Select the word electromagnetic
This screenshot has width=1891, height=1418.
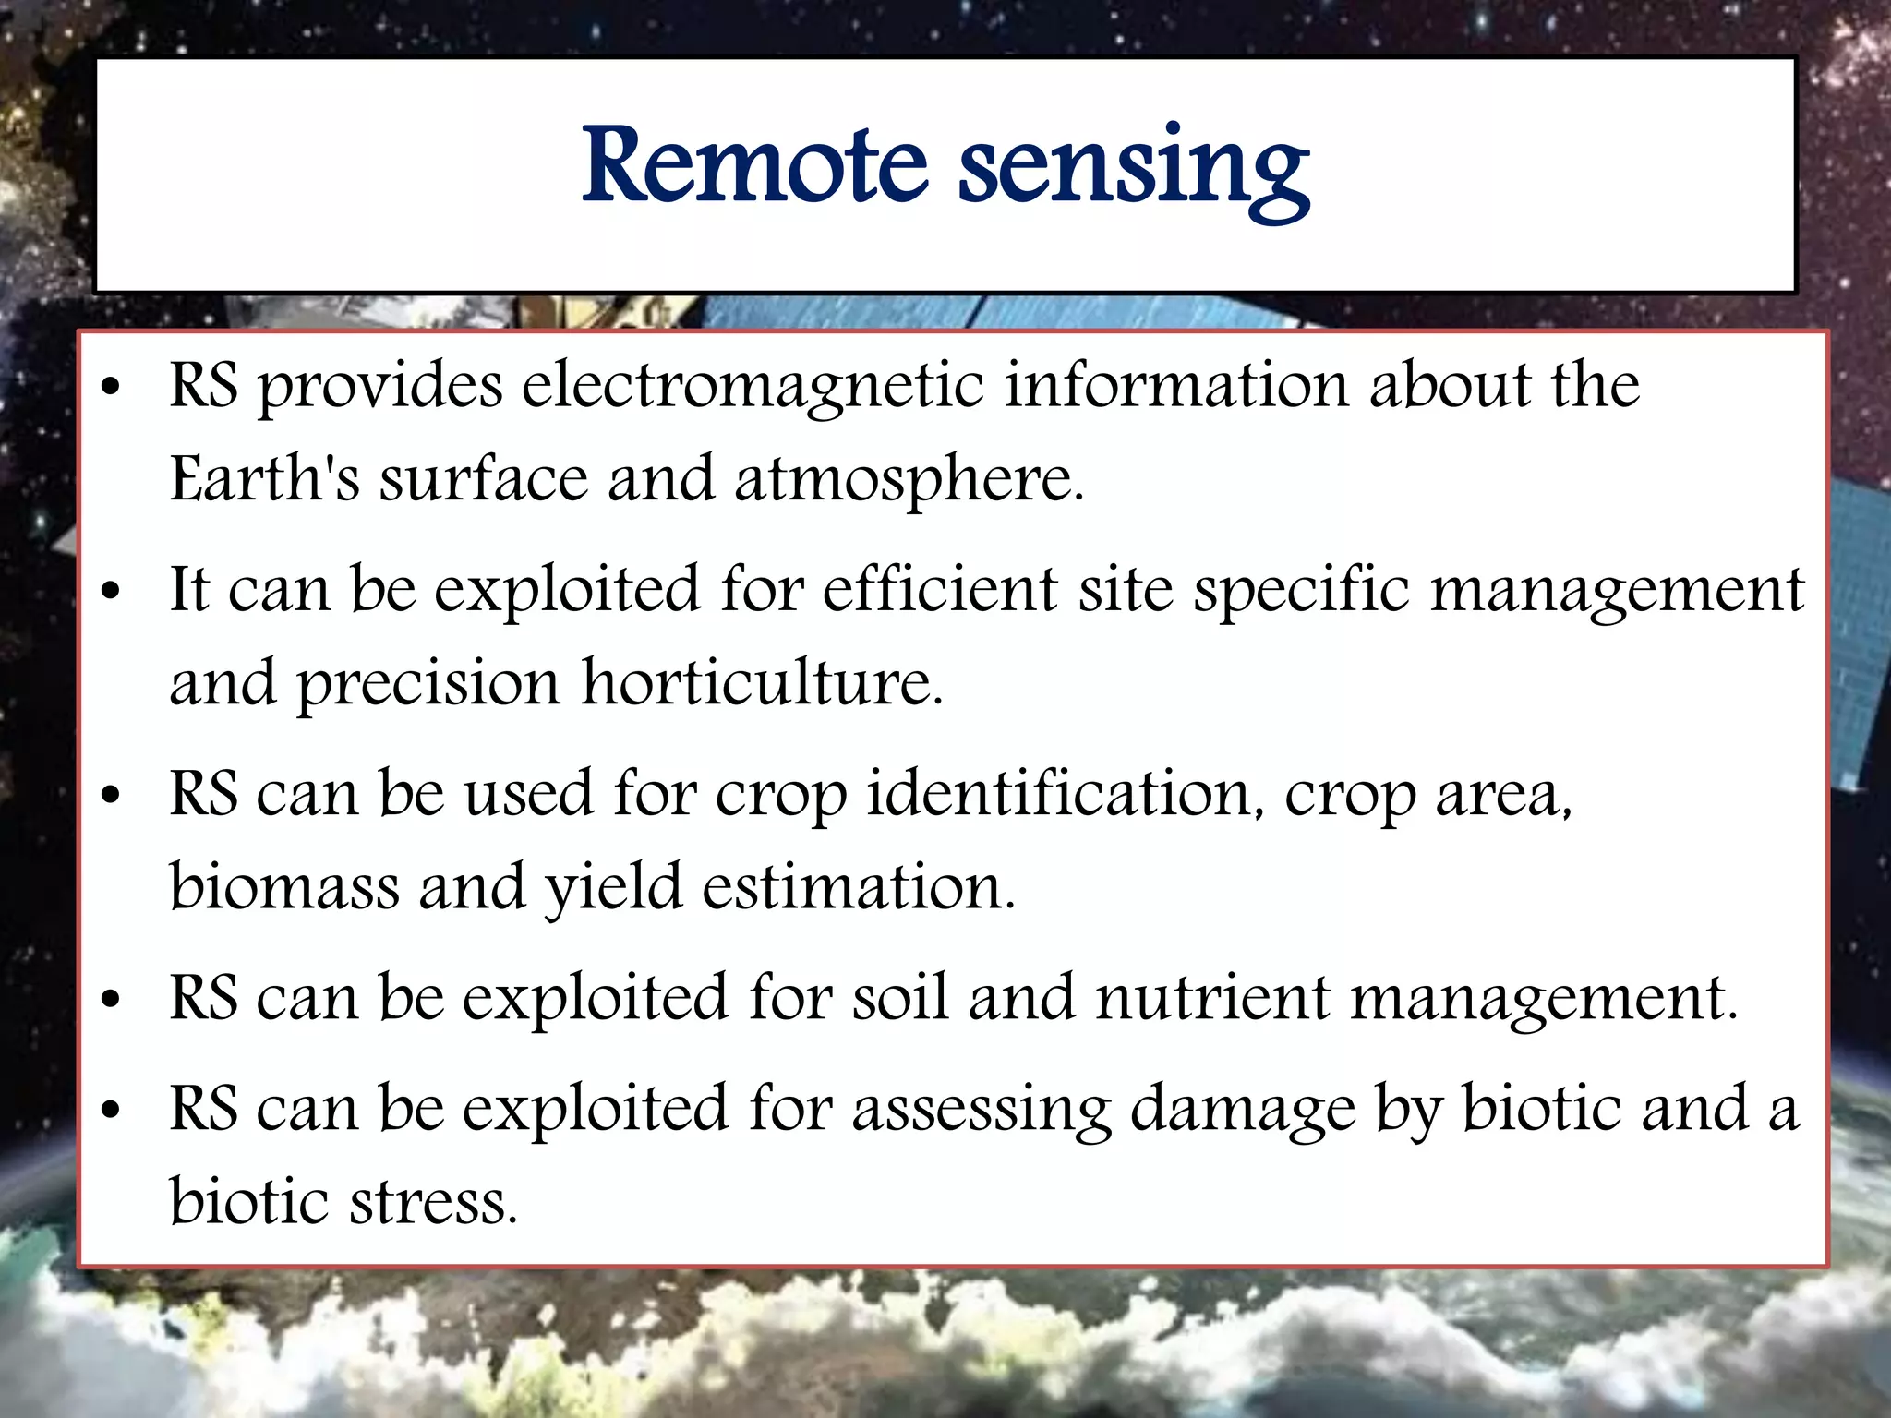point(753,386)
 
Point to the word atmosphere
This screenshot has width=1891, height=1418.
point(909,481)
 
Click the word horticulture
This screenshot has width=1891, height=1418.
point(762,683)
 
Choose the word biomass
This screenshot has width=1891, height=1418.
point(284,887)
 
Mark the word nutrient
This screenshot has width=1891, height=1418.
point(1212,999)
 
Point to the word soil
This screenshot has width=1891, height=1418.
point(899,999)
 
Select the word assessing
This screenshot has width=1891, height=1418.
point(982,1111)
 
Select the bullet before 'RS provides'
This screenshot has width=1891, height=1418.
point(111,387)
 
